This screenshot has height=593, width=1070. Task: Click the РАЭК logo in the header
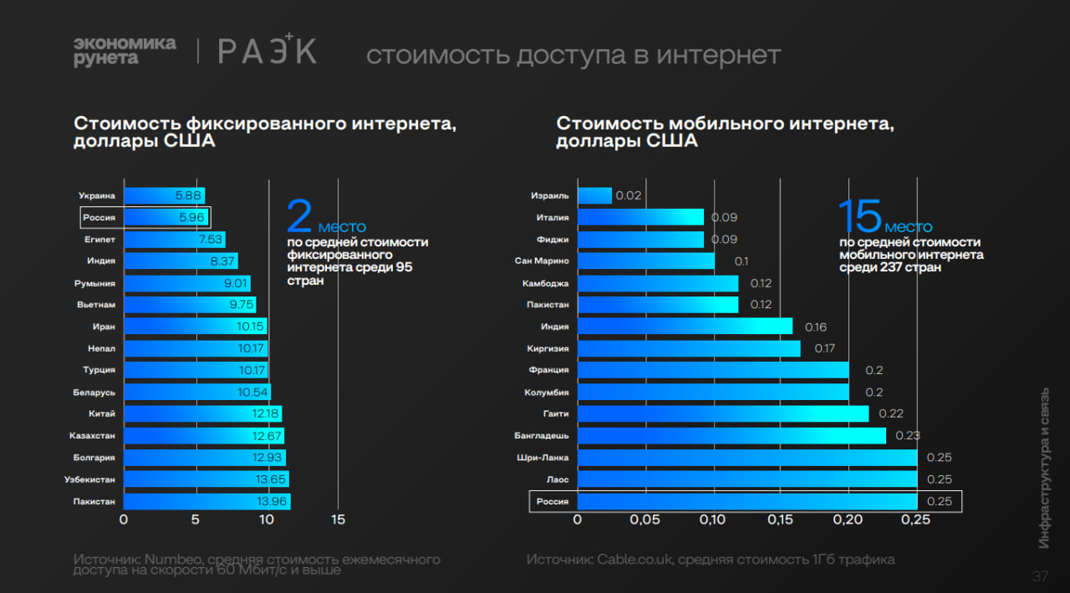point(267,51)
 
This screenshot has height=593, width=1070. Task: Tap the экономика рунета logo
point(125,51)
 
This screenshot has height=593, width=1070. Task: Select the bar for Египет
point(174,240)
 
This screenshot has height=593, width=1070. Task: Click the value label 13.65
point(272,479)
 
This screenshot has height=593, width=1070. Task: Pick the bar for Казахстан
point(203,436)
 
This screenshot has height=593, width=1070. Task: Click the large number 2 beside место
point(300,216)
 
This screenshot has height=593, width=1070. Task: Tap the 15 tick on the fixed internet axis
point(338,520)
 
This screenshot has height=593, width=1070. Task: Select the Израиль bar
point(594,195)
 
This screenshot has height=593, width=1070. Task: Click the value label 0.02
point(629,195)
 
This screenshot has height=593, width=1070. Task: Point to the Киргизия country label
point(548,348)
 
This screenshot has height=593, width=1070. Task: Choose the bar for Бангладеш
point(731,436)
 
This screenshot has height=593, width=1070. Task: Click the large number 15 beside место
point(859,216)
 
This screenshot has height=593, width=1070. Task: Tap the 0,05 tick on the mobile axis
point(645,520)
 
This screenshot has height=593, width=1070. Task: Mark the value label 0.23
point(908,436)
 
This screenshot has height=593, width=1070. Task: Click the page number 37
point(1040,576)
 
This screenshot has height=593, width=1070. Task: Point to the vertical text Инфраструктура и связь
point(1044,468)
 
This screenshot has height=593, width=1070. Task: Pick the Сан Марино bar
point(645,261)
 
